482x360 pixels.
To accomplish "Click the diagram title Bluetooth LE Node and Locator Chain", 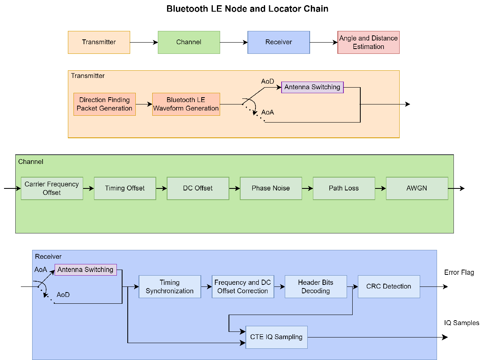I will pos(247,8).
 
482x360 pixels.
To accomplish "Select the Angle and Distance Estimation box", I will pos(368,42).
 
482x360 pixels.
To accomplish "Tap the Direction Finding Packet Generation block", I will pos(104,104).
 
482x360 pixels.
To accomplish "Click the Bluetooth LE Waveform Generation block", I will pos(186,104).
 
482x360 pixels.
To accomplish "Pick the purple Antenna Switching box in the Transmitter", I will pos(312,87).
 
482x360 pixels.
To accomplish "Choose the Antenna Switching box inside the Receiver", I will pos(85,270).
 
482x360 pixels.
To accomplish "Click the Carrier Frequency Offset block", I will pos(52,188).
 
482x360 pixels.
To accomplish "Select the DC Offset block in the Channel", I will pos(198,188).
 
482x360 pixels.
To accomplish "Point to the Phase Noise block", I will pos(271,188).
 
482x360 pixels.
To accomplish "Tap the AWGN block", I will pos(417,188).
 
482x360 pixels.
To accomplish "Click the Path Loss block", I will pos(343,188).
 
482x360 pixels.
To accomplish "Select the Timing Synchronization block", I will pos(170,286).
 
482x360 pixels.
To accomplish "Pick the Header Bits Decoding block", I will pos(315,286).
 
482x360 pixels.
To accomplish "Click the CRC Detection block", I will pos(388,286).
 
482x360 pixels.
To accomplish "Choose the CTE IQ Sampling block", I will pos(276,337).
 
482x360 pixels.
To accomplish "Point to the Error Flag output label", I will pos(459,272).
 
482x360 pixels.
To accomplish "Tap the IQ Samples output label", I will pos(462,323).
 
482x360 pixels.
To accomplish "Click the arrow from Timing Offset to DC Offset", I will pos(161,188).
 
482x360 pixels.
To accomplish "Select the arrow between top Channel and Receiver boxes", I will pos(233,42).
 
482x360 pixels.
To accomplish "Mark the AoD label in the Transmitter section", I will pos(268,82).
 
